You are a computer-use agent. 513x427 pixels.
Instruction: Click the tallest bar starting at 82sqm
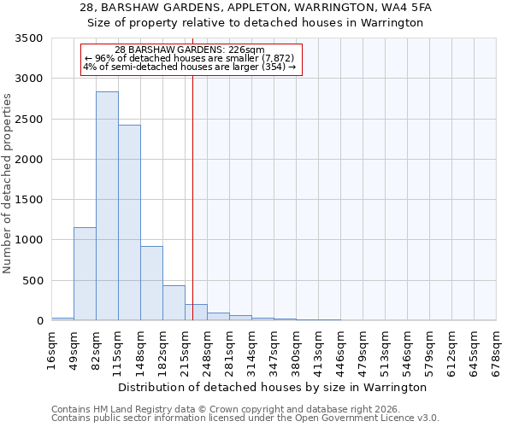point(107,206)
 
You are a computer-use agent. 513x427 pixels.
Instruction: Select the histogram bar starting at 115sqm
point(129,223)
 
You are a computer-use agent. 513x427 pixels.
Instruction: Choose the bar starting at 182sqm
point(174,303)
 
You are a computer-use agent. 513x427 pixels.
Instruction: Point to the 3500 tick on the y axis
point(32,38)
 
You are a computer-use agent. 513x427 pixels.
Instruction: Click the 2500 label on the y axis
point(32,120)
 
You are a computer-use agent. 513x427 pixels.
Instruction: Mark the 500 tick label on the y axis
point(35,281)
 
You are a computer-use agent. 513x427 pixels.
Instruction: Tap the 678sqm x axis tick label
point(496,348)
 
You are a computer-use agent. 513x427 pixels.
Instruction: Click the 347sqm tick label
point(274,348)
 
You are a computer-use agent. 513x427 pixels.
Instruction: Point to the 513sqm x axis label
point(385,348)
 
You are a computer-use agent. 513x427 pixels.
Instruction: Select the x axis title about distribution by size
point(272,387)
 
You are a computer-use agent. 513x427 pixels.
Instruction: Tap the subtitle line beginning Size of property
point(256,23)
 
